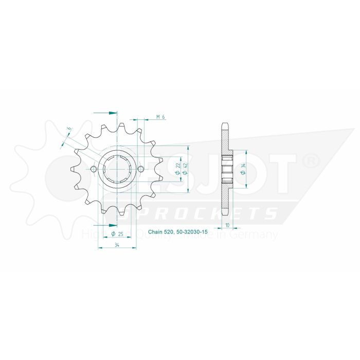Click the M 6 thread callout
[160, 118]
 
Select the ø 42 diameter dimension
[184, 168]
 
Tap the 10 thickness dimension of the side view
[228, 225]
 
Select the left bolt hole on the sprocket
[93, 169]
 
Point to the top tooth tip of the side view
[225, 124]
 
